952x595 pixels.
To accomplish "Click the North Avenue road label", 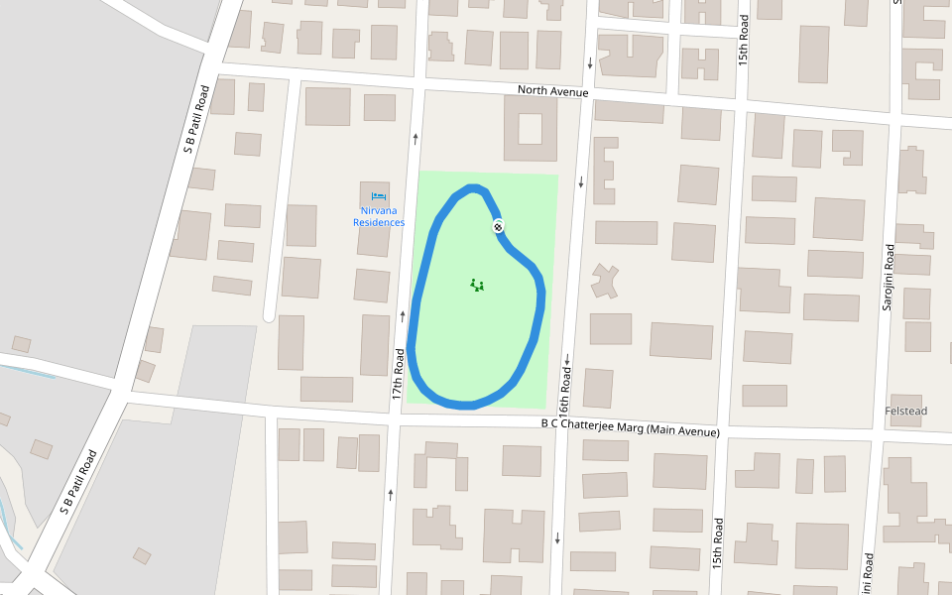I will click(552, 92).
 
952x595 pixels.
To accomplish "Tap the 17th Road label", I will click(398, 374).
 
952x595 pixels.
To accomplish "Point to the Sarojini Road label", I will click(889, 277).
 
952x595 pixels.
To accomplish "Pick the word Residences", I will click(379, 222).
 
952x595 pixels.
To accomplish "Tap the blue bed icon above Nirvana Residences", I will click(379, 196).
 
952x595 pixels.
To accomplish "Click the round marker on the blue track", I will click(498, 226).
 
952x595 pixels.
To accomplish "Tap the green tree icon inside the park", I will click(477, 286).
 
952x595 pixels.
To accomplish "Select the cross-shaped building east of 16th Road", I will click(603, 281).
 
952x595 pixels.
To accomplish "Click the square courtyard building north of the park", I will click(531, 129).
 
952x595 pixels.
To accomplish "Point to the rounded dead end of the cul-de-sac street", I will click(269, 315).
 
